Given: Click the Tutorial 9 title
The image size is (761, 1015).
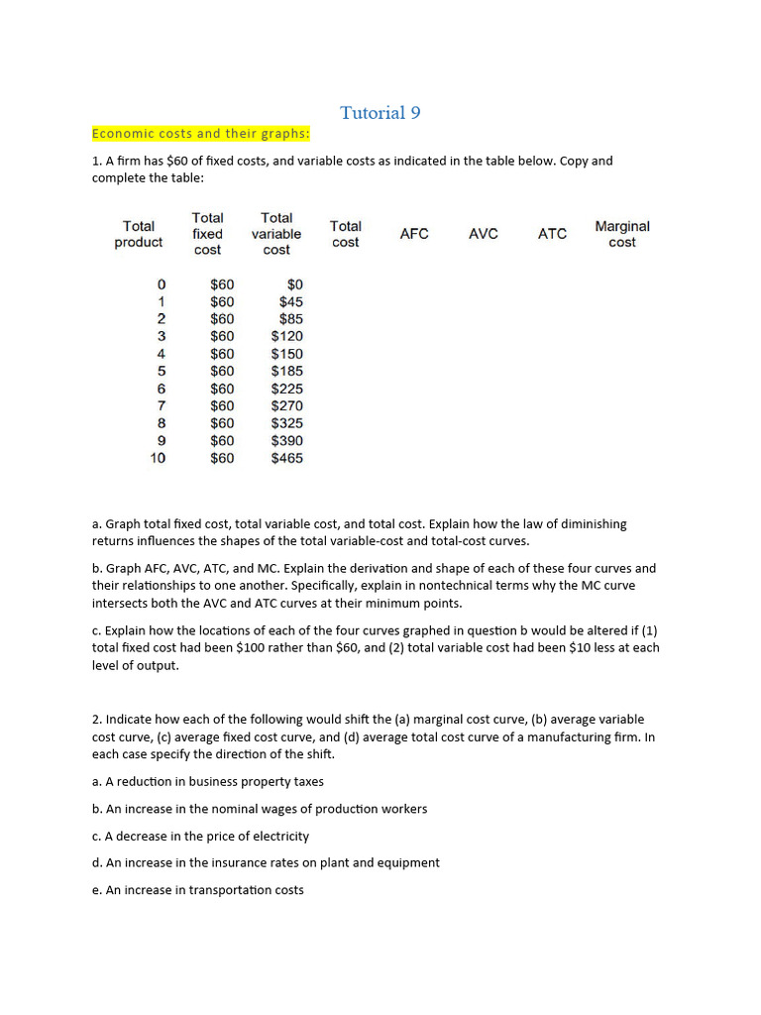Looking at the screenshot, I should [380, 113].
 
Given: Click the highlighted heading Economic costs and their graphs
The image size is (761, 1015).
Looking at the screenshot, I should [201, 134].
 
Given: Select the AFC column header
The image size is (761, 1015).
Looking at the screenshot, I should [414, 234].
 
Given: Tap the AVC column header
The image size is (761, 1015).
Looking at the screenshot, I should [484, 234].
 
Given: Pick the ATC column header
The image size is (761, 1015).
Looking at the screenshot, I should [552, 234].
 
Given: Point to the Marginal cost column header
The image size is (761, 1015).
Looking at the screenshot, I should [622, 234].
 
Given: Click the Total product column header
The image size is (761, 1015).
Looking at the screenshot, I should [139, 234].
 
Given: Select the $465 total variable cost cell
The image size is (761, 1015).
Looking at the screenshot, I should [286, 458].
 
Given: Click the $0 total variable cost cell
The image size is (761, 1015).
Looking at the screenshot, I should [294, 284].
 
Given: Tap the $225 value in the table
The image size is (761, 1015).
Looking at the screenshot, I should [286, 389].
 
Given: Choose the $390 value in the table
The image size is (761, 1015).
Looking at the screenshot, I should [286, 440].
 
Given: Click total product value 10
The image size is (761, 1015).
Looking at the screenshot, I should [158, 458].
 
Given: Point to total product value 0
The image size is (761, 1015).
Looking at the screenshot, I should [162, 284].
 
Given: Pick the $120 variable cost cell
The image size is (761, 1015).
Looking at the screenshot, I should [286, 336].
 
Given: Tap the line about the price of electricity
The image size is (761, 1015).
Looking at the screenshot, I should [200, 836].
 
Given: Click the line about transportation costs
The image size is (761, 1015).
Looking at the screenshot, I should [198, 890].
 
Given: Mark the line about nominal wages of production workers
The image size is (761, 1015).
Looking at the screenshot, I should [260, 809].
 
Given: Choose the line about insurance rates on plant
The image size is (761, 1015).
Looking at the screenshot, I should [266, 862].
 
